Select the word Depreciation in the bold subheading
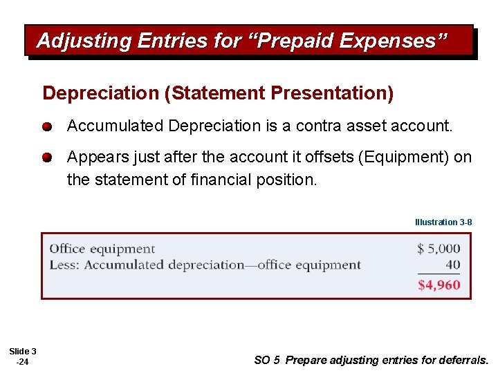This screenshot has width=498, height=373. (x=100, y=93)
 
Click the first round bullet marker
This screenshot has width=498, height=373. (x=47, y=128)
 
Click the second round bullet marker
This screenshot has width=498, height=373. (x=47, y=157)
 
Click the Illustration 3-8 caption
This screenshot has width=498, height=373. (x=443, y=222)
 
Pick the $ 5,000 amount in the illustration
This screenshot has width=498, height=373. (x=439, y=249)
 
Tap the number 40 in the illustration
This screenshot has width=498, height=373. (x=452, y=265)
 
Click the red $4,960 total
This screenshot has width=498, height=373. (x=439, y=285)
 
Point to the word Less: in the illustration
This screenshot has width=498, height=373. (x=65, y=265)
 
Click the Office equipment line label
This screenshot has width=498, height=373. (x=102, y=249)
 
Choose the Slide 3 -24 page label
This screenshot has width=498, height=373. (x=23, y=356)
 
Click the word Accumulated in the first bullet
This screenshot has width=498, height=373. (x=115, y=126)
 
